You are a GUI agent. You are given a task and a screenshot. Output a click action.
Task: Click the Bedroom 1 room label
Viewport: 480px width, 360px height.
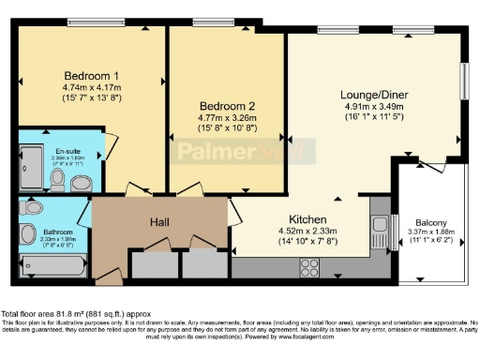92,75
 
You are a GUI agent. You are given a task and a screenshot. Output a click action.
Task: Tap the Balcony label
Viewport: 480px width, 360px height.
430,222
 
